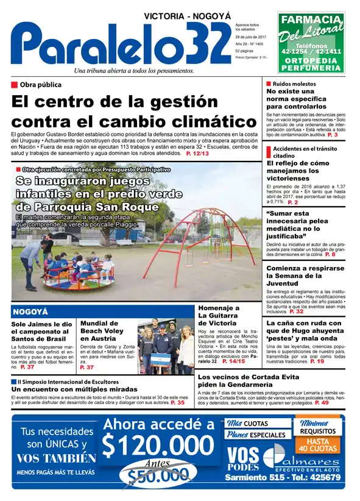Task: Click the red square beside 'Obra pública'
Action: coord(15,85)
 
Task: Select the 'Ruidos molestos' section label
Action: coord(294,83)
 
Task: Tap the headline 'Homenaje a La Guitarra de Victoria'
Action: coord(219,315)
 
